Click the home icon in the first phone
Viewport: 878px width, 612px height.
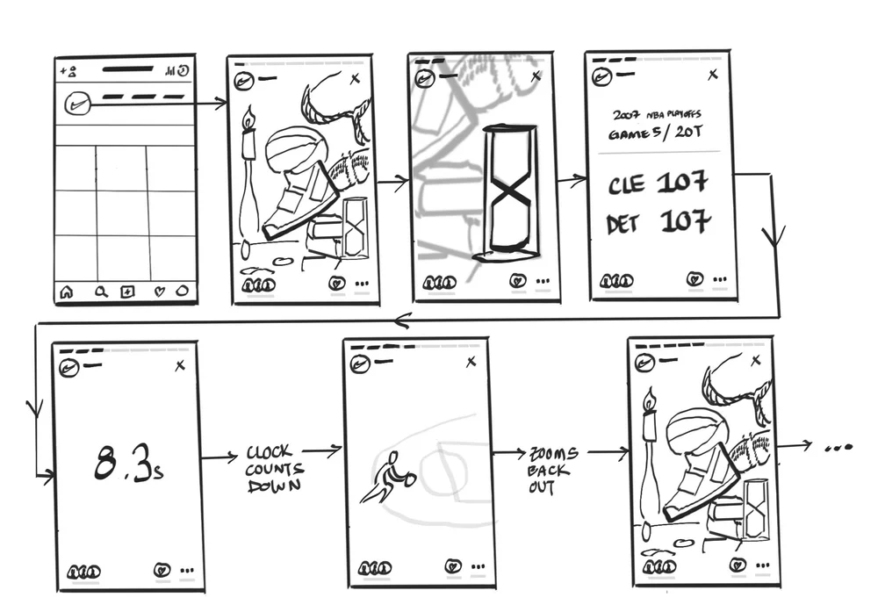coord(67,292)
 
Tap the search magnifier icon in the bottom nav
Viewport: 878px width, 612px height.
coord(101,292)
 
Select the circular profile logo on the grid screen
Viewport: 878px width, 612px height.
coord(77,104)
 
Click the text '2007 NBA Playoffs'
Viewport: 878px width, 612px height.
coord(656,115)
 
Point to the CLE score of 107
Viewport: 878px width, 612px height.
coord(682,183)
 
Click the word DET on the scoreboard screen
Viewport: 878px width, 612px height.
coord(623,225)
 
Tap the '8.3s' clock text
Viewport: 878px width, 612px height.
coord(128,462)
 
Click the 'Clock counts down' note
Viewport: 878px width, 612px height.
coord(275,469)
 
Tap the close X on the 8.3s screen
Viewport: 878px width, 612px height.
coord(180,366)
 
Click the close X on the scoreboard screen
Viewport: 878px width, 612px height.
coord(712,74)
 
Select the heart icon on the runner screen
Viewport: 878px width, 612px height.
coord(452,566)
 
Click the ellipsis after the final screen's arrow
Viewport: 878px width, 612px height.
coord(838,448)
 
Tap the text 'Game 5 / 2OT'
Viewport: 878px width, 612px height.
coord(655,133)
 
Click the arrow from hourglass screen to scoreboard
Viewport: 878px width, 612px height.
coord(572,180)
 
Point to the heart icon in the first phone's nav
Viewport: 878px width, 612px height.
coord(160,292)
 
